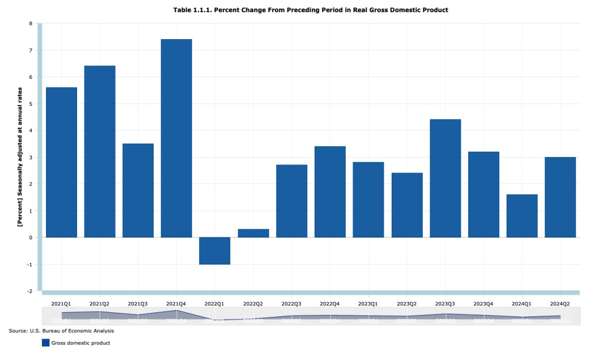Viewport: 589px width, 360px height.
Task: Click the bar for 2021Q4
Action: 176,138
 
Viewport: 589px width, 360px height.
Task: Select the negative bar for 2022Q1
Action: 215,251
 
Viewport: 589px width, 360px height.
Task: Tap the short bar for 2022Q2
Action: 253,233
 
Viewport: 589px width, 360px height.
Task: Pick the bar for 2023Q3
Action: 445,178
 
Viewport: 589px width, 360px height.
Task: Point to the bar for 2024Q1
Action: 522,216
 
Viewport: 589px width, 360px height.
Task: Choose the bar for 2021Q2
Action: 100,151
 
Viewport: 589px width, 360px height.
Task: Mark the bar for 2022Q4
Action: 330,192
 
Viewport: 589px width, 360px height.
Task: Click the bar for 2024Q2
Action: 560,197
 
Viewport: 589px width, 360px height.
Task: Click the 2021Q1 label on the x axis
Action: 61,304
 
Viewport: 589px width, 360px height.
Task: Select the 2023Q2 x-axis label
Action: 407,304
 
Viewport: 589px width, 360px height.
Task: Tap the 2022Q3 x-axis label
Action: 292,304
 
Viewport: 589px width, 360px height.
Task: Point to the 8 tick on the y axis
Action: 31,24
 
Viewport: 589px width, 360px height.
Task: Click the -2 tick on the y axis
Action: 30,291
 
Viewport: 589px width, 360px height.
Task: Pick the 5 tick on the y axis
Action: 31,104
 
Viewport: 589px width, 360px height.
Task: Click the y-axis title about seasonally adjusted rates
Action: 20,157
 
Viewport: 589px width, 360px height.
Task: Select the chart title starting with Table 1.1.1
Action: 310,10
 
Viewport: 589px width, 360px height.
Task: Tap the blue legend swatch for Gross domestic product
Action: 45,343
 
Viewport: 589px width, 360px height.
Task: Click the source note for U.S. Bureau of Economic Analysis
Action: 62,331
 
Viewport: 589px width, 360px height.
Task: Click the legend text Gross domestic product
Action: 81,343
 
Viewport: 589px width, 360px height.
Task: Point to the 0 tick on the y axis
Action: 31,238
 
